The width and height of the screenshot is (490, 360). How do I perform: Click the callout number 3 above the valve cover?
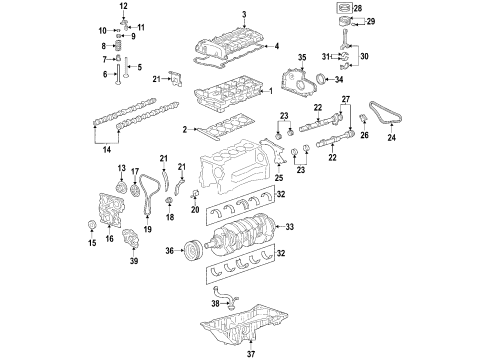tap(243, 13)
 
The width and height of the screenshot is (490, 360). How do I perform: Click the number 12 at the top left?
tap(123, 8)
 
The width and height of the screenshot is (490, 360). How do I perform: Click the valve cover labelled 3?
tap(229, 45)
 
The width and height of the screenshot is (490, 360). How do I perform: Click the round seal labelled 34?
tap(323, 81)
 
